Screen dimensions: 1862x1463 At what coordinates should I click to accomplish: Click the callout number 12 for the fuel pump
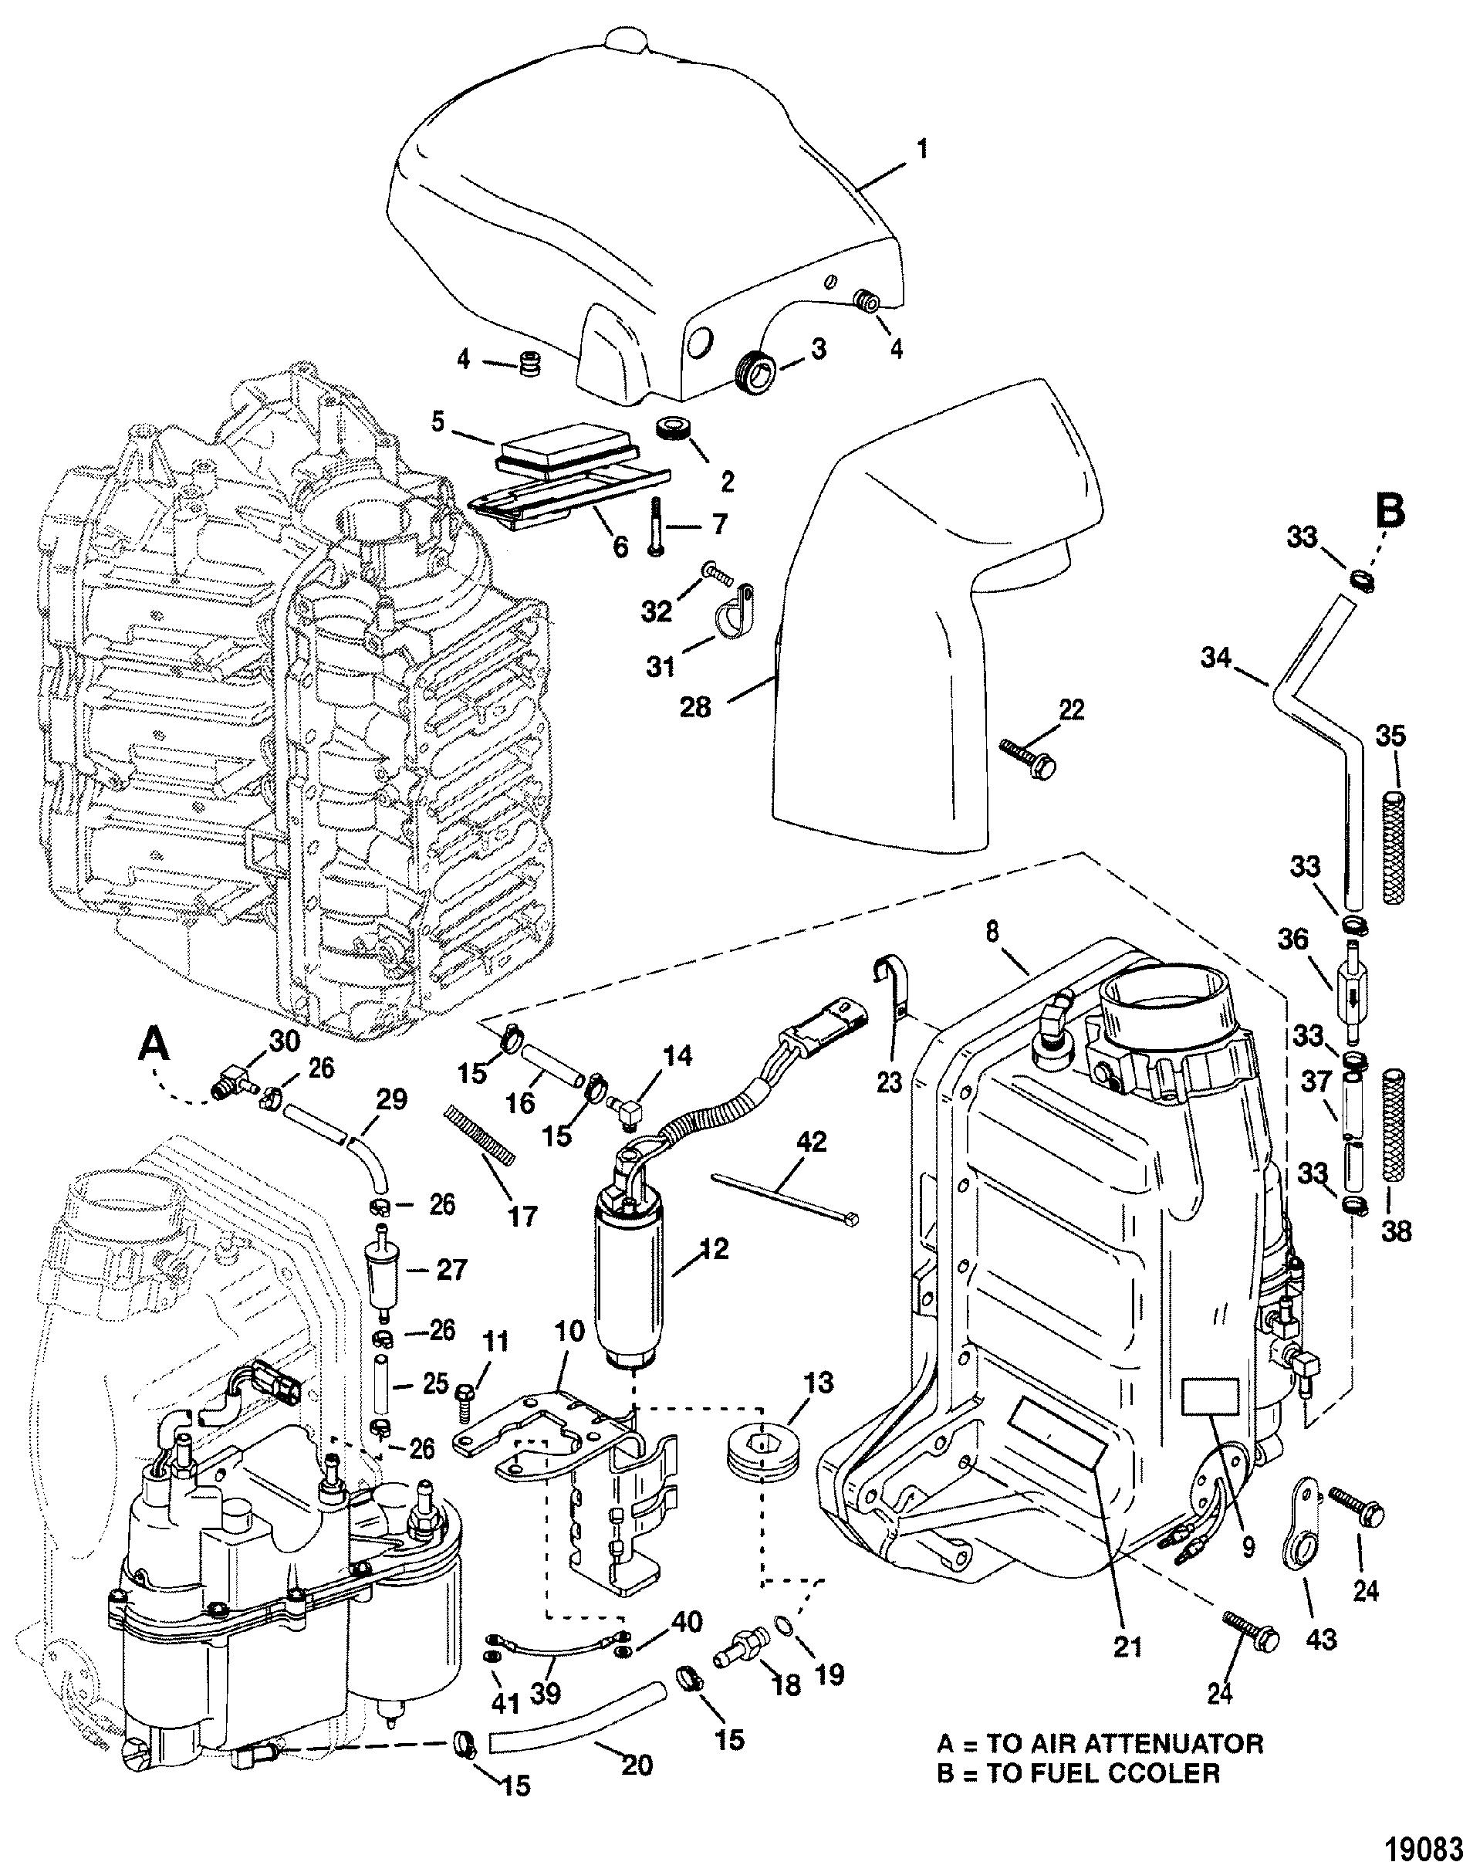(x=715, y=1248)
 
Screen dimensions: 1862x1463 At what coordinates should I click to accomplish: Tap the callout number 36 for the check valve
(x=1294, y=940)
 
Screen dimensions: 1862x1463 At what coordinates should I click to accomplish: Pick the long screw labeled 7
(x=655, y=528)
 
